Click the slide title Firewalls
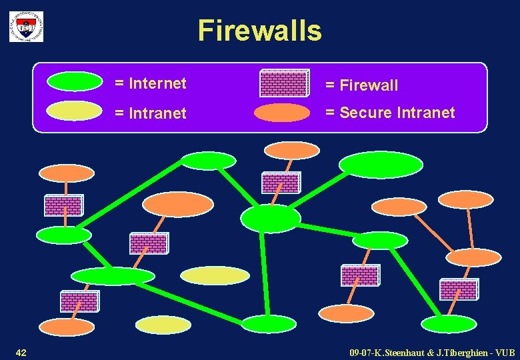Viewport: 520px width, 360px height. (x=259, y=31)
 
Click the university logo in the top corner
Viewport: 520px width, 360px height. (x=26, y=27)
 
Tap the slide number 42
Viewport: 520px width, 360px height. (x=21, y=351)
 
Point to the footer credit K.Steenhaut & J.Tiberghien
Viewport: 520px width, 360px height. (x=432, y=351)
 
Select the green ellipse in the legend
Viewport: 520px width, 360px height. (x=75, y=81)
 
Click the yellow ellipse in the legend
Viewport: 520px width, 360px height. (x=75, y=111)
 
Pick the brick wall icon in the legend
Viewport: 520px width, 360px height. (x=284, y=83)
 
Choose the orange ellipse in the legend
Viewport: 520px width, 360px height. (x=282, y=113)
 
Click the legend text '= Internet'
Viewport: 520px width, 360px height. (x=150, y=83)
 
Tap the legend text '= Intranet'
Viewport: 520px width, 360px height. (x=150, y=113)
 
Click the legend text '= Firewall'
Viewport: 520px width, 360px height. (x=361, y=85)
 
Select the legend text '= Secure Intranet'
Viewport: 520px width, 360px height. (x=390, y=113)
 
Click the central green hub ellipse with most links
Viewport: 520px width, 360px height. (x=270, y=218)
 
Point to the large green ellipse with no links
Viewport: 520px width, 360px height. (x=381, y=165)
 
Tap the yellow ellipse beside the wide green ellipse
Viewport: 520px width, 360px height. (x=215, y=275)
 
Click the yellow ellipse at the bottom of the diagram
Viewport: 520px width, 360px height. (x=163, y=325)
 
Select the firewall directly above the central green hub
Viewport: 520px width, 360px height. (x=281, y=183)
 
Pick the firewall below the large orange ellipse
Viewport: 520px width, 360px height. (x=149, y=243)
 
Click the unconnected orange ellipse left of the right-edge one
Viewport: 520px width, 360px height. (x=398, y=207)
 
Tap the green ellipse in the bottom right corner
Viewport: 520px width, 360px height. (x=449, y=324)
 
